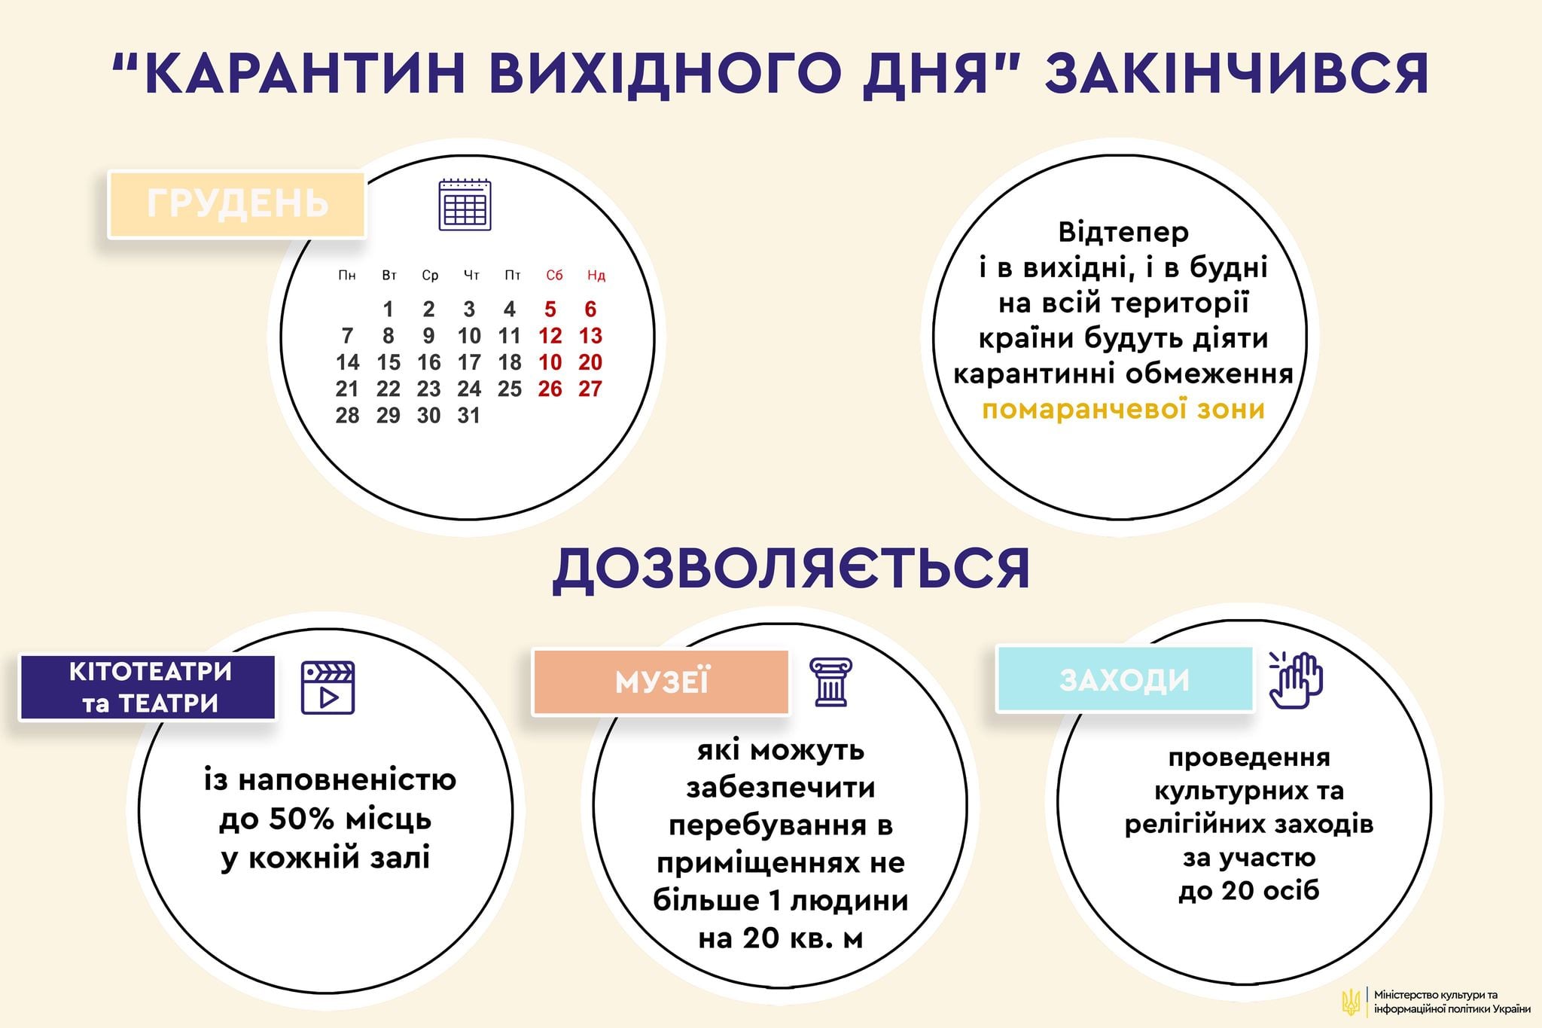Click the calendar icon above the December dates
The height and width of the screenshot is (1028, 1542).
click(465, 204)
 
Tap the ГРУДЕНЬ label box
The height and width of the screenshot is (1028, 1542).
click(237, 204)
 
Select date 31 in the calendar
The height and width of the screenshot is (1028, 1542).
click(468, 416)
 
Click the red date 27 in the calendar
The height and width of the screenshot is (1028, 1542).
click(590, 389)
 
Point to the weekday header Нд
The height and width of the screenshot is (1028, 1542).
click(596, 276)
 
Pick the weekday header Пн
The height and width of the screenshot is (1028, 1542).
click(347, 276)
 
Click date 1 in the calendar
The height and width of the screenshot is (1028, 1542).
click(388, 310)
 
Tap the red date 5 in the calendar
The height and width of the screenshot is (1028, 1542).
click(550, 310)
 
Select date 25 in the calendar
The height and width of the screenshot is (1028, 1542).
click(510, 389)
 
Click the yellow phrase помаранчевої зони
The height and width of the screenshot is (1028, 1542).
click(1123, 410)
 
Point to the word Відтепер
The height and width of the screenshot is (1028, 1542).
click(1123, 232)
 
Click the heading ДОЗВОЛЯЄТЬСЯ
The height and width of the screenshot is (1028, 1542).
click(791, 569)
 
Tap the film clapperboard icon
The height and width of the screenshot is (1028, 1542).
click(328, 688)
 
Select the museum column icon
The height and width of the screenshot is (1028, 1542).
click(830, 682)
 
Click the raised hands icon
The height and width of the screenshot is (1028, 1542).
click(1297, 680)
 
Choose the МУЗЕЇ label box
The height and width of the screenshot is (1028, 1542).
click(661, 682)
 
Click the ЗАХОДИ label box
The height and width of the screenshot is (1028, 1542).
click(1124, 680)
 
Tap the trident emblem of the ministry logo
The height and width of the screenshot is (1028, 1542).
click(1351, 1002)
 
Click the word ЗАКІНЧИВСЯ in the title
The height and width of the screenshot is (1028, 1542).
click(1236, 73)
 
